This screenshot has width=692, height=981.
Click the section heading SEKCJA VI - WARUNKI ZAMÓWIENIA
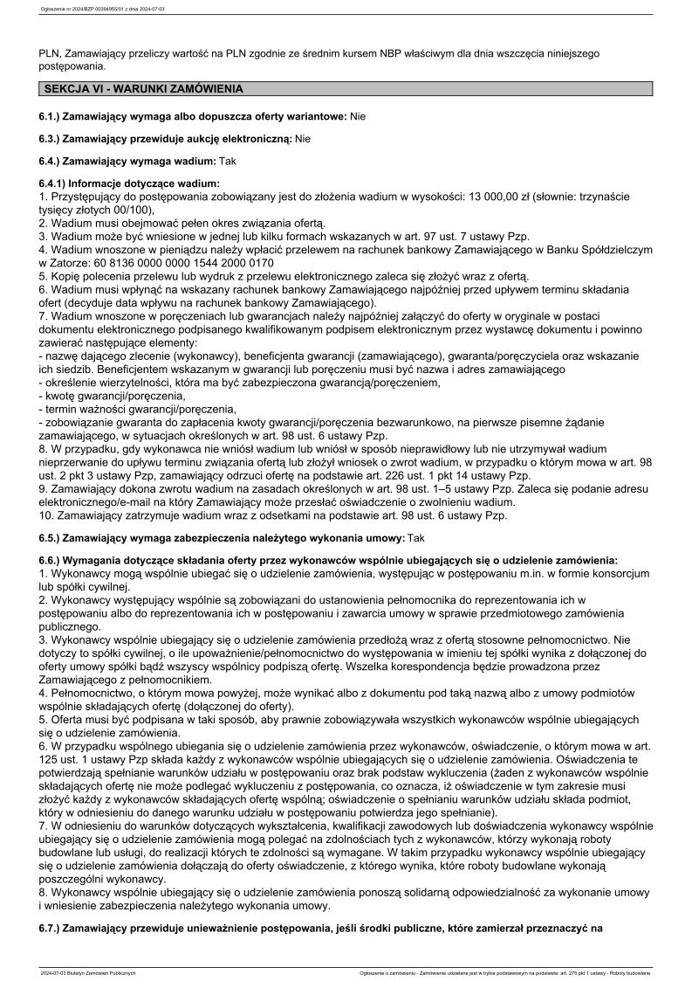143,89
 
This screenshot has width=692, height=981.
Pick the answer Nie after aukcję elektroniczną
303,138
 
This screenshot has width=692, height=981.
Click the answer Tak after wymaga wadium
227,161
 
